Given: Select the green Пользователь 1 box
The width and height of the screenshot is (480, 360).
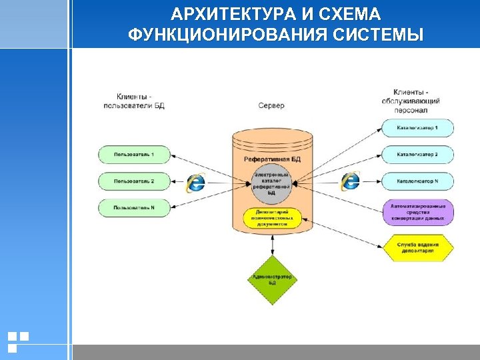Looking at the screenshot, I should tap(133, 155).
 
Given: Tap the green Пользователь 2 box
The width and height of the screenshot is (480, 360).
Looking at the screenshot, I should tap(133, 181).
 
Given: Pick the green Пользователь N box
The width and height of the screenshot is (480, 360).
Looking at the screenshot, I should tap(133, 207).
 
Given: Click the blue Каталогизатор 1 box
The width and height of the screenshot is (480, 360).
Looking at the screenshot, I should tap(417, 127).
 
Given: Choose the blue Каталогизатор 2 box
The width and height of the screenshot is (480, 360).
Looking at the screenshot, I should tap(417, 155).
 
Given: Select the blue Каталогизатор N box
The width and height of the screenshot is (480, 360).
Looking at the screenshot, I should tap(417, 181).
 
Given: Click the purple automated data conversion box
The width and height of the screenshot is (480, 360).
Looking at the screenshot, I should tap(418, 211).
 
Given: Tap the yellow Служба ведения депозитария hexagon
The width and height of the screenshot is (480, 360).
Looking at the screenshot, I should tap(418, 248).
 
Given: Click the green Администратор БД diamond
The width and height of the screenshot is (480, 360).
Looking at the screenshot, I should tap(272, 280).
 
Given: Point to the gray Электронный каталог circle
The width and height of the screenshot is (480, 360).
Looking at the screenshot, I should tap(272, 180).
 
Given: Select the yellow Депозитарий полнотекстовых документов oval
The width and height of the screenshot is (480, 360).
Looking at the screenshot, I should tap(272, 218).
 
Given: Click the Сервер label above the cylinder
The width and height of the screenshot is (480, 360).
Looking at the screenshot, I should tap(271, 105).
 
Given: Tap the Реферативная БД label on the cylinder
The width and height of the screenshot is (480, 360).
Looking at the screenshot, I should tap(272, 159).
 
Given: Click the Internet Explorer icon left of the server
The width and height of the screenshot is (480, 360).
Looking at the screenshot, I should tap(195, 181).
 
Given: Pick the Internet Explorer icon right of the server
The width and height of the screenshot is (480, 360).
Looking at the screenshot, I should tap(350, 181).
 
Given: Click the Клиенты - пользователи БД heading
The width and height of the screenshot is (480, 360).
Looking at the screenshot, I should tap(134, 101).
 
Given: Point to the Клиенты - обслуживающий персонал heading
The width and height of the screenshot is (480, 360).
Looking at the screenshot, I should tap(411, 101).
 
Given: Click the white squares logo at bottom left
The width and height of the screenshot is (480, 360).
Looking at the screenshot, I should tap(18, 341).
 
